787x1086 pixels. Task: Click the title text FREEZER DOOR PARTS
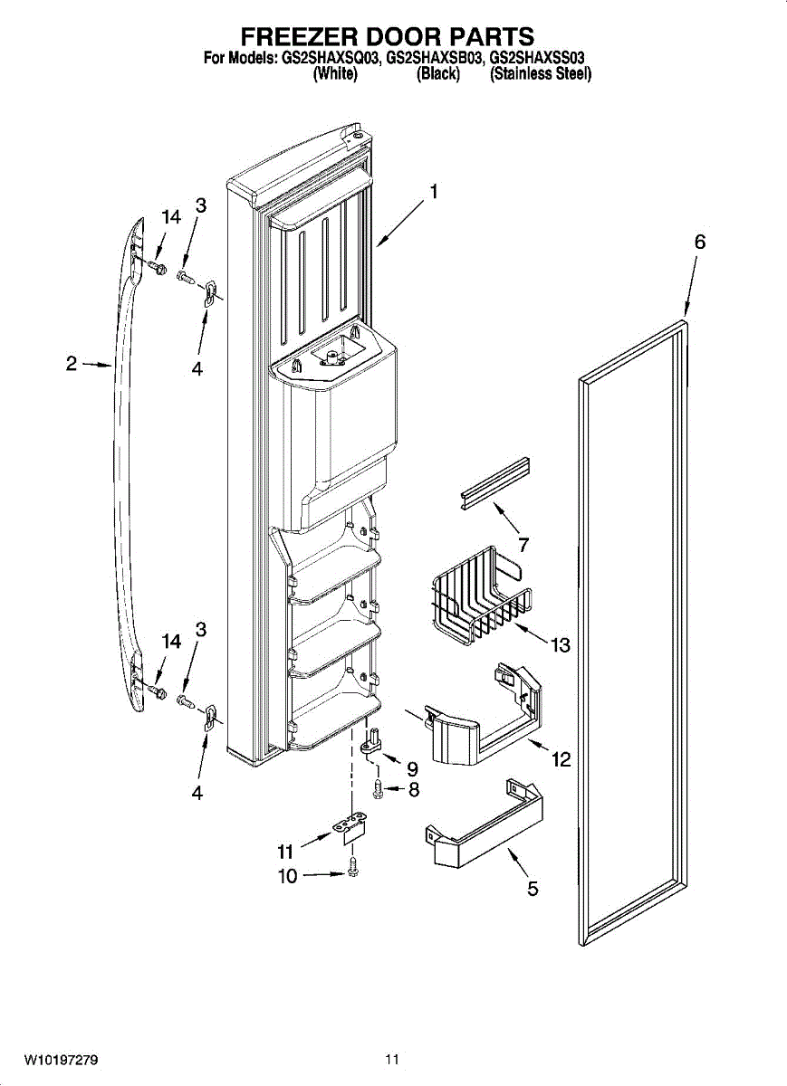[387, 36]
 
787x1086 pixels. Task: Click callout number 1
[435, 192]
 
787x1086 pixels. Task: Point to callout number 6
[699, 242]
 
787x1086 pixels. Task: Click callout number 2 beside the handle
[72, 364]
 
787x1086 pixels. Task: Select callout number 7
[523, 545]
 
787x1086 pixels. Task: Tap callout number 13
[561, 645]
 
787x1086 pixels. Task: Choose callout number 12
[561, 759]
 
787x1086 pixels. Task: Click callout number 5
[533, 889]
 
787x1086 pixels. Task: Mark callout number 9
[412, 768]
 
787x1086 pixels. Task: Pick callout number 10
[288, 875]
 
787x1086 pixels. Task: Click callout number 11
[286, 851]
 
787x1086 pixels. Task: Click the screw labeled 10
[354, 870]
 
